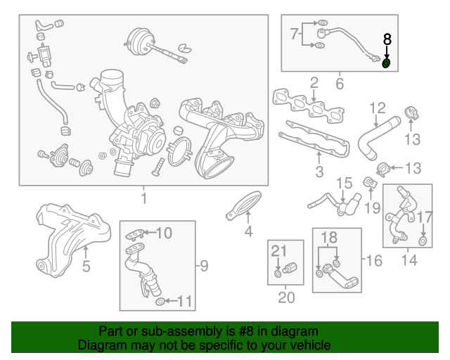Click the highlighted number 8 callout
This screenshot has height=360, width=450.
pos(386,39)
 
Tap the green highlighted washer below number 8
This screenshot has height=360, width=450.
pos(386,64)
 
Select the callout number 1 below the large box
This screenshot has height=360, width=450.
pos(143,199)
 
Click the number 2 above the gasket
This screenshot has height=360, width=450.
pos(314,83)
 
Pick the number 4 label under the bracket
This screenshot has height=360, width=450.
pos(247,232)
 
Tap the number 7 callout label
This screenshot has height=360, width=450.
pos(294,33)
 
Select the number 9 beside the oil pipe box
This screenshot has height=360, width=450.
pos(204,265)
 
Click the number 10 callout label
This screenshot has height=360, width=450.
pos(163,233)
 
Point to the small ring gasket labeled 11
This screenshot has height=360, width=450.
pos(160,302)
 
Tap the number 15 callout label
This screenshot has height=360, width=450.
pos(342,184)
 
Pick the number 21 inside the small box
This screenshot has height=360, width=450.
pos(279,251)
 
